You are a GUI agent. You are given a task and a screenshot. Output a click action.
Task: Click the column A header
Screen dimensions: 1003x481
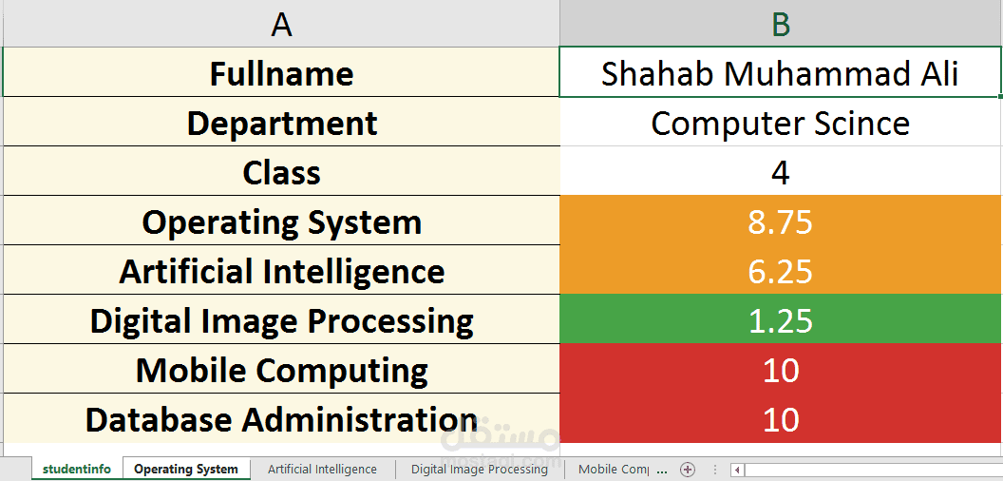click(x=281, y=24)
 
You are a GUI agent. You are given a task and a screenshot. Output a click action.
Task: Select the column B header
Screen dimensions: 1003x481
click(x=781, y=24)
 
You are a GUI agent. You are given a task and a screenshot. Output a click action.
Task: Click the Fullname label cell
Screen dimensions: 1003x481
click(x=281, y=72)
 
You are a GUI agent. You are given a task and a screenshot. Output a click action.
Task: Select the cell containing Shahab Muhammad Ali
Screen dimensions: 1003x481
click(x=781, y=72)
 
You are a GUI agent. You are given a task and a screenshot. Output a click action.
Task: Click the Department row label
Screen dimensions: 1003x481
click(x=281, y=123)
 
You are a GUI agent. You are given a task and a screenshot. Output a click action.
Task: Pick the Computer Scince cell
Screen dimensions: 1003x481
click(x=781, y=123)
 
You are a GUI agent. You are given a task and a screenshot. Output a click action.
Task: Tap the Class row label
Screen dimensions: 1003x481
click(x=281, y=172)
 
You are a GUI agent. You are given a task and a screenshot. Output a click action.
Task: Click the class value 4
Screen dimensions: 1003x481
click(x=781, y=172)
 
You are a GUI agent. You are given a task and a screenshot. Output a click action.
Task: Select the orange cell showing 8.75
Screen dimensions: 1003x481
click(x=781, y=221)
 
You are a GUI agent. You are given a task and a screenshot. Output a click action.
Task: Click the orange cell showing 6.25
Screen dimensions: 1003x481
click(x=781, y=270)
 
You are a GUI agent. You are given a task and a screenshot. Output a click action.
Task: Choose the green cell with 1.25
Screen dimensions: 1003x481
click(x=781, y=319)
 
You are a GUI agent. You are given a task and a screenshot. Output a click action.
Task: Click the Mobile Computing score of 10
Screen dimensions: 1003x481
click(x=781, y=370)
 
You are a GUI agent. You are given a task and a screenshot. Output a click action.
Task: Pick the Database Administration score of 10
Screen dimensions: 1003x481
click(x=781, y=419)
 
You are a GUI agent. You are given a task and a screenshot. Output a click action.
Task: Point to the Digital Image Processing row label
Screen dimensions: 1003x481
click(x=281, y=319)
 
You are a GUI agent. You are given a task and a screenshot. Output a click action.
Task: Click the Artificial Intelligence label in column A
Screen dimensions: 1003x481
click(x=281, y=270)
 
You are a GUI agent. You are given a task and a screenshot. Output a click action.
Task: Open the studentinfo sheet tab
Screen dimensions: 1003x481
click(x=77, y=469)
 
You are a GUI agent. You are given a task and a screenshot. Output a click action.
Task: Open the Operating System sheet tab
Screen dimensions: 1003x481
click(x=185, y=469)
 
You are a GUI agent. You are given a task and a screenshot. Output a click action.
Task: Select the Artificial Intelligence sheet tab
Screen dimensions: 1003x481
click(x=322, y=469)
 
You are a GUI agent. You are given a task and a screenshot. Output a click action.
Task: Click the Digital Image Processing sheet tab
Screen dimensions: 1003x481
click(x=479, y=469)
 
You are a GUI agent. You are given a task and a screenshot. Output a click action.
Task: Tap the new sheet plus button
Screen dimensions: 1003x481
click(x=688, y=470)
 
